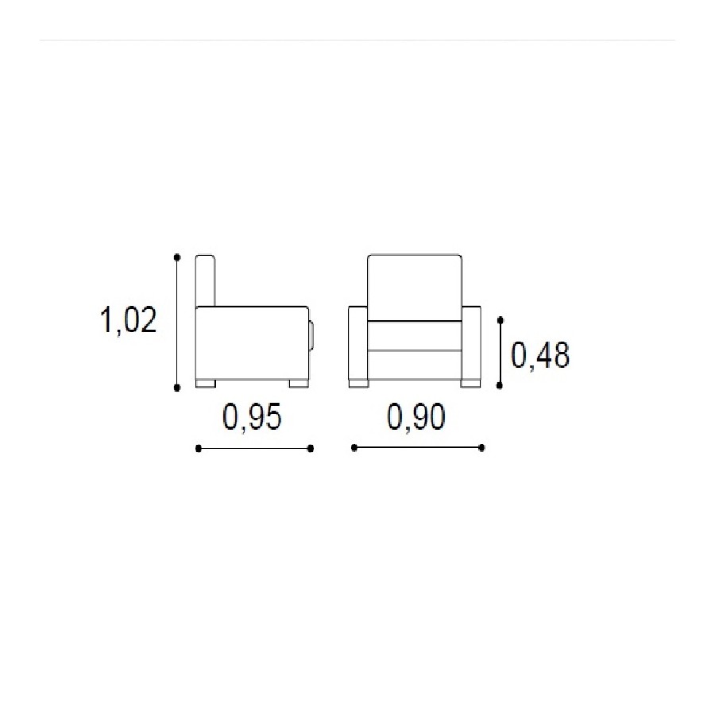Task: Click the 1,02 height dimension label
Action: click(x=128, y=320)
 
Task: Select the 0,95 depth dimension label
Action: click(x=252, y=417)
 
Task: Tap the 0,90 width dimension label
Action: click(x=415, y=417)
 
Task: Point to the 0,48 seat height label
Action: click(x=540, y=355)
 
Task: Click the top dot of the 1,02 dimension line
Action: click(x=177, y=257)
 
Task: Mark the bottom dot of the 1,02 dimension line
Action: click(x=177, y=388)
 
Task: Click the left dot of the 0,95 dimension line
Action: click(x=199, y=449)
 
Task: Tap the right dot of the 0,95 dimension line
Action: click(x=311, y=449)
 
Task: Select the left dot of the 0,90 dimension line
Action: click(x=354, y=448)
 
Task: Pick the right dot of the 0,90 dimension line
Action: click(x=482, y=448)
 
